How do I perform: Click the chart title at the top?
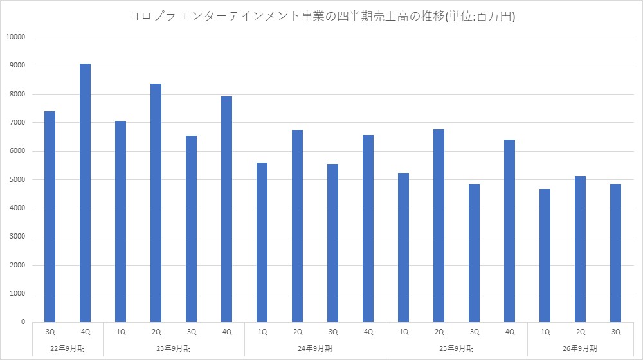[322, 17]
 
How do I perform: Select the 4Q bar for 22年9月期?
[85, 193]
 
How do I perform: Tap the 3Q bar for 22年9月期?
[50, 217]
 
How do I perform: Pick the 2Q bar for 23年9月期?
[156, 203]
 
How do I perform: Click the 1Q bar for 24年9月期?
[262, 242]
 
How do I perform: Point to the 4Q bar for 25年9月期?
[509, 231]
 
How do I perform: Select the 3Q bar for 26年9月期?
[615, 253]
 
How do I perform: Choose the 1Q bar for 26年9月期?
[545, 255]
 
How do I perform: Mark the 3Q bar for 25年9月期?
[474, 253]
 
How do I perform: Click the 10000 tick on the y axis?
[15, 37]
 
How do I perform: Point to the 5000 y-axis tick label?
[17, 179]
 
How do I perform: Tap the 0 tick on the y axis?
[23, 322]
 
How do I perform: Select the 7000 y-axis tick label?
[17, 123]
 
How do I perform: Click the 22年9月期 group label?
[68, 348]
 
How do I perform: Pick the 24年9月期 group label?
[315, 348]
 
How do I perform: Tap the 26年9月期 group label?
[580, 348]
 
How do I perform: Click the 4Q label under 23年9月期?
[227, 332]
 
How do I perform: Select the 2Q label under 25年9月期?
[439, 332]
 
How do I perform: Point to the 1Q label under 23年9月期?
[121, 332]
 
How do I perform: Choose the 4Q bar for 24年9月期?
[368, 228]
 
